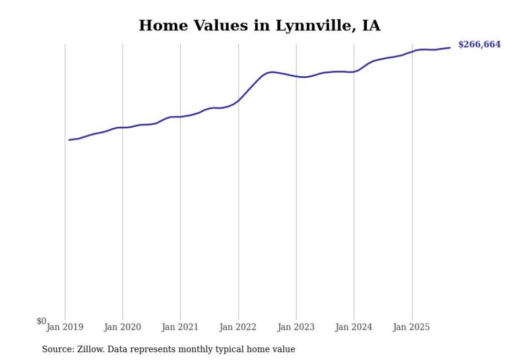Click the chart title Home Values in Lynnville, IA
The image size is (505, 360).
259,26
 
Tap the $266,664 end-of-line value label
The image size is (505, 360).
479,45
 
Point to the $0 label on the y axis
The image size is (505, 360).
41,321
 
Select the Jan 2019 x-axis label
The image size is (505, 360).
65,327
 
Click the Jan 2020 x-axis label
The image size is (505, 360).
123,327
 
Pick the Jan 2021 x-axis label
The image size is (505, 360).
180,327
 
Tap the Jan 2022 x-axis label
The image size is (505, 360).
238,327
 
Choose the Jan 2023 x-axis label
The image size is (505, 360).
296,327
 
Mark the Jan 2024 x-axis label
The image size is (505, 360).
353,327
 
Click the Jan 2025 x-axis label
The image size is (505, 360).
411,327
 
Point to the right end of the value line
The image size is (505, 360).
450,48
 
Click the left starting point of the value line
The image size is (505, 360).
69,140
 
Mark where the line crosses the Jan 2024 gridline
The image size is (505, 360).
353,72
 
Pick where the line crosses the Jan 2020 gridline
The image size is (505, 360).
123,127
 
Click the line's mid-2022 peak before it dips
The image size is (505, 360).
272,72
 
